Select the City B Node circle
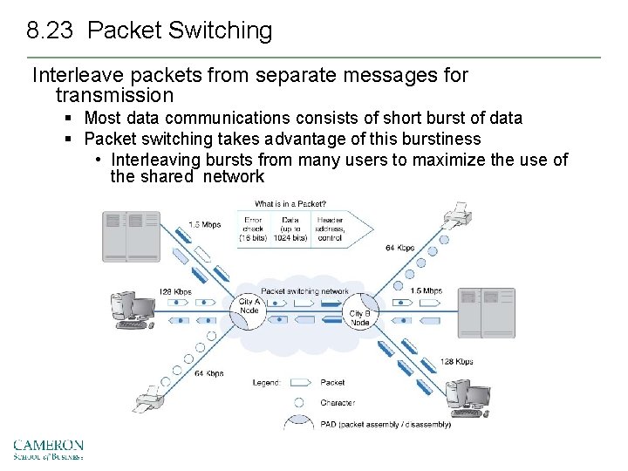(359, 317)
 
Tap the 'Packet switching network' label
(304, 291)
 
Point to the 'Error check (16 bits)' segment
(254, 229)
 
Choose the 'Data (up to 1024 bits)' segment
(290, 229)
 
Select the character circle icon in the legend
(299, 403)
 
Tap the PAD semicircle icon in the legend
(299, 424)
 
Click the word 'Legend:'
(267, 382)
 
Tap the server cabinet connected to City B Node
(486, 312)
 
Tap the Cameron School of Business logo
(48, 448)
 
